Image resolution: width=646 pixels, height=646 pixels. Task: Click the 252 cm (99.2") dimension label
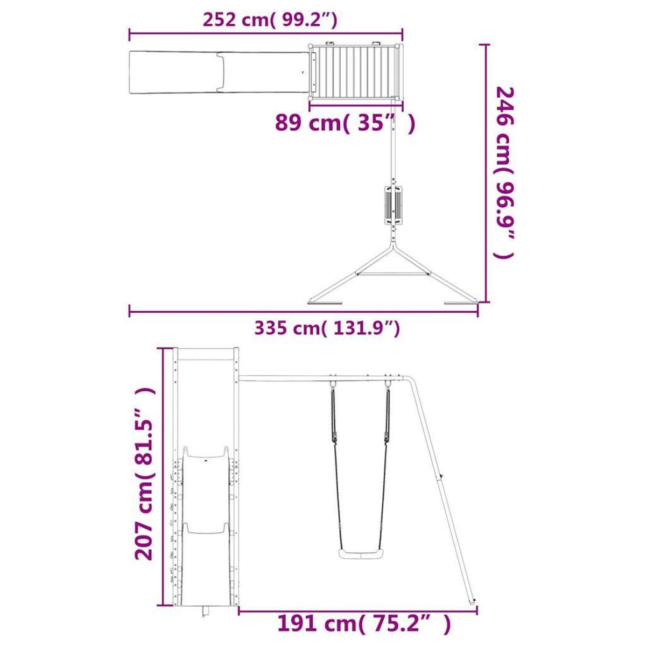tap(270, 20)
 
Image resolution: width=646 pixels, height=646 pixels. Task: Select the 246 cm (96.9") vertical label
tap(504, 173)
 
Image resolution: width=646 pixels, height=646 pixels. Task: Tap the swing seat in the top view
tap(392, 203)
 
